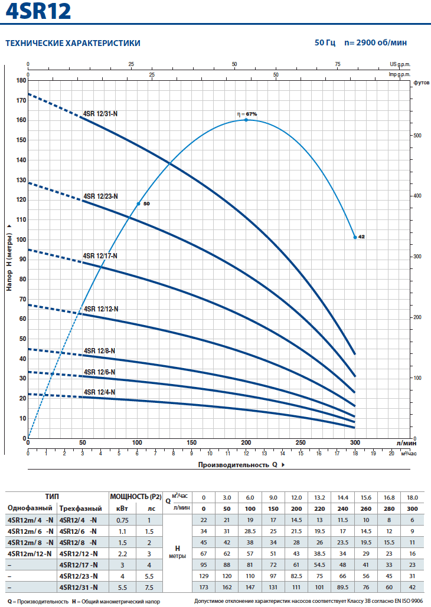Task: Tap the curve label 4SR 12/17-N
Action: click(x=100, y=255)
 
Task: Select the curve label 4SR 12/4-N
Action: click(x=99, y=392)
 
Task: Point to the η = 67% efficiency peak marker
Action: click(x=246, y=120)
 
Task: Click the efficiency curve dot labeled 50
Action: click(x=139, y=204)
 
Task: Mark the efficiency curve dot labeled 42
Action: click(x=355, y=237)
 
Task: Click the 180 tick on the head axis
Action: click(x=21, y=80)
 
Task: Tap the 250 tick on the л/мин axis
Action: click(x=301, y=443)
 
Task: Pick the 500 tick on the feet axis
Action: click(x=417, y=136)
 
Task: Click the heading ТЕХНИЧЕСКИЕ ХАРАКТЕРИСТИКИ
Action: click(x=73, y=43)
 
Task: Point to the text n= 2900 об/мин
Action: click(x=376, y=43)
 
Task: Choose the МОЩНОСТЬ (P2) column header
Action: click(x=136, y=496)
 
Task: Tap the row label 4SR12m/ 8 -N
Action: click(x=30, y=542)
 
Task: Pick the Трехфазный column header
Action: click(x=81, y=508)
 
